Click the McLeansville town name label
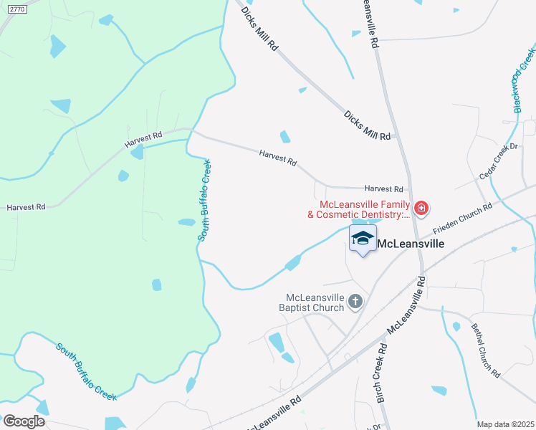pos(411,243)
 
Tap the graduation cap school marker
pos(363,239)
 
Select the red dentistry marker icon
pos(421,209)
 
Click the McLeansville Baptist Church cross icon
pos(355,302)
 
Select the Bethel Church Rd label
pos(485,350)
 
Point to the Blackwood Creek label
pos(525,79)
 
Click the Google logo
pos(24,421)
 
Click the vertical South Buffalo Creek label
pos(204,200)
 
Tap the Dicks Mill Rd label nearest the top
pos(259,28)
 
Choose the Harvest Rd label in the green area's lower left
pos(26,206)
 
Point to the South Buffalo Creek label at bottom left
pos(86,371)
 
